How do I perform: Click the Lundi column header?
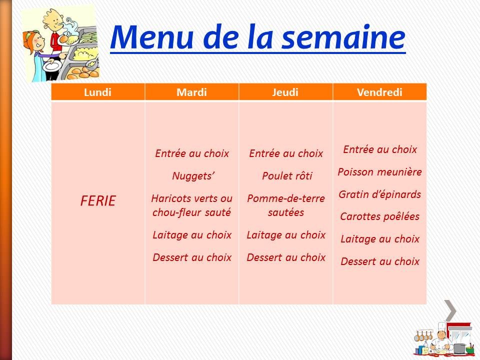(98, 92)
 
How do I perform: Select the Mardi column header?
(191, 92)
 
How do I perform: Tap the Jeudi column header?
(286, 92)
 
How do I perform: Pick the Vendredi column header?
(380, 92)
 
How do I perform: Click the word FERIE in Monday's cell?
(98, 201)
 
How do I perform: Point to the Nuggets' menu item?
(192, 176)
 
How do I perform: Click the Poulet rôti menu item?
(286, 176)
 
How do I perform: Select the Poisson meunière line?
(380, 172)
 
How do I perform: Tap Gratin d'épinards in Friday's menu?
(380, 194)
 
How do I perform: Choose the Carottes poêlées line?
(380, 216)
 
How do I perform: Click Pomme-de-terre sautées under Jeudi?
(286, 205)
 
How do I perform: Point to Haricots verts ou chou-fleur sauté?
(192, 205)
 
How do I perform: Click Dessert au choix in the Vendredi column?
(380, 261)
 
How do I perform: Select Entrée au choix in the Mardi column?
(192, 153)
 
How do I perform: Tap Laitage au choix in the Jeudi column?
(286, 235)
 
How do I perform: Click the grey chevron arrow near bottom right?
(450, 311)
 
